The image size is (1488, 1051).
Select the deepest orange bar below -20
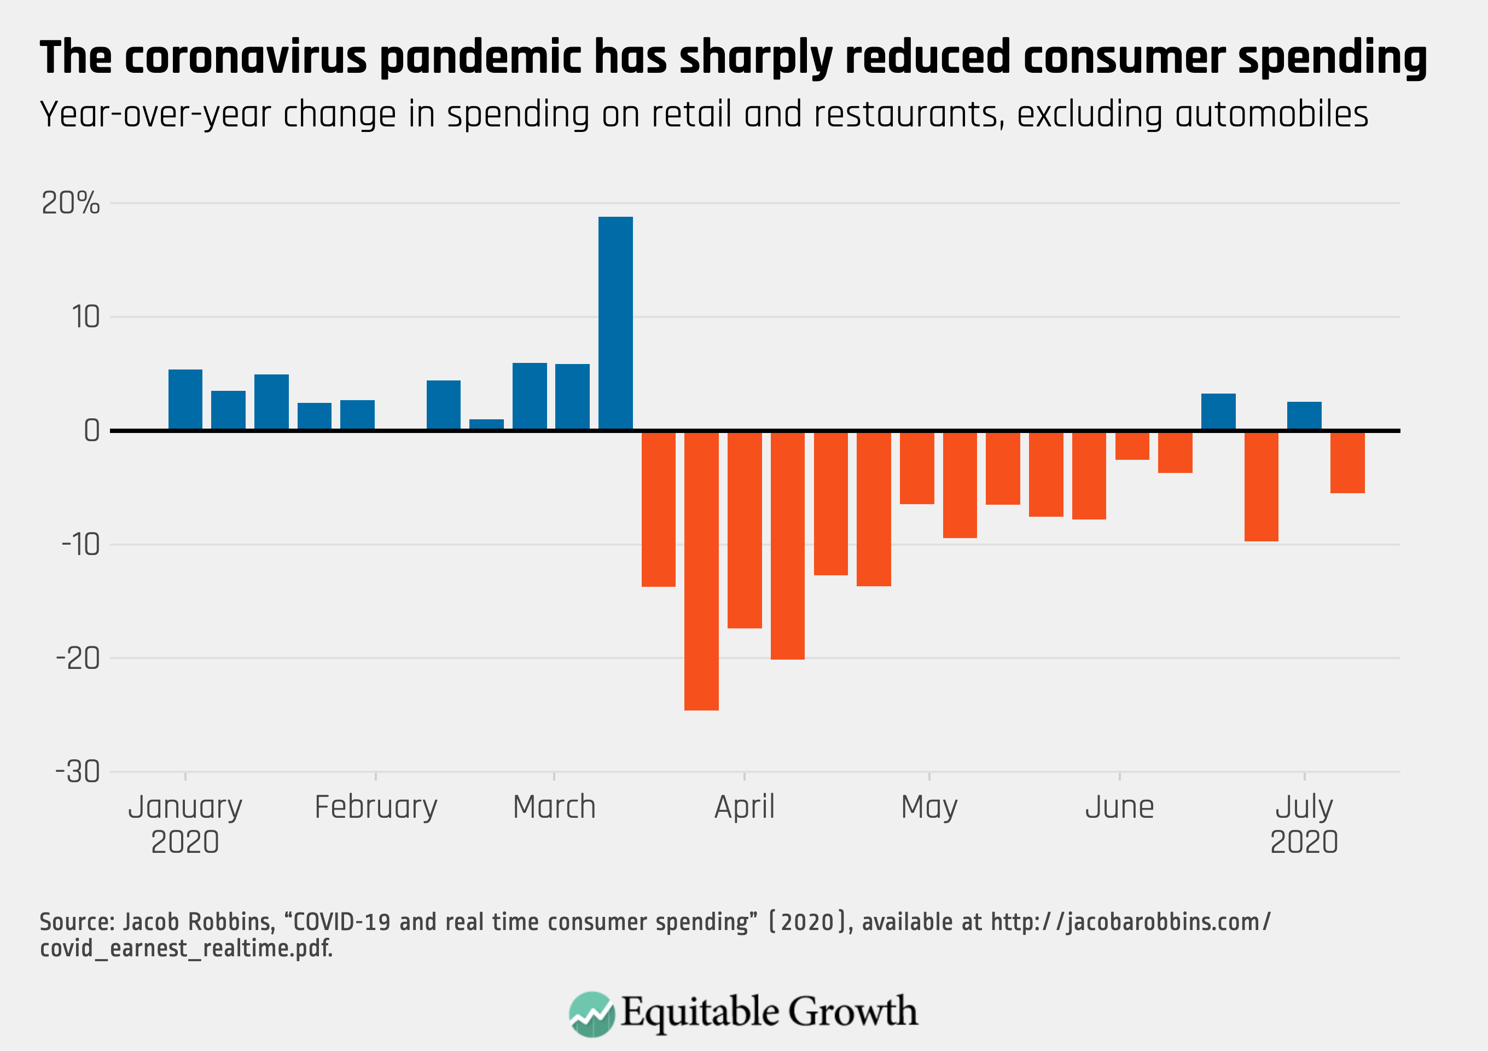[x=701, y=570]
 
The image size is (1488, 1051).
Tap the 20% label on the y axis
[x=71, y=204]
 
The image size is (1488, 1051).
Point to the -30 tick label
[x=78, y=772]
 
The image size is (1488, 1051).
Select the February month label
[x=376, y=808]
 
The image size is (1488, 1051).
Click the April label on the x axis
[x=744, y=808]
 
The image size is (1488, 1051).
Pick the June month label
[x=1119, y=808]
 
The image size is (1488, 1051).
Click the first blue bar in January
[x=185, y=400]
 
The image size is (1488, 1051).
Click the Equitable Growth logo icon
[x=591, y=1013]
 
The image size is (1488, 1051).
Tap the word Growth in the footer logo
[x=852, y=1012]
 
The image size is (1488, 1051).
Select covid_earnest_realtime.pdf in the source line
[x=186, y=949]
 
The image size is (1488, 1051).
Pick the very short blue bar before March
[x=486, y=424]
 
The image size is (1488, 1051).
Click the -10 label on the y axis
[x=81, y=545]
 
